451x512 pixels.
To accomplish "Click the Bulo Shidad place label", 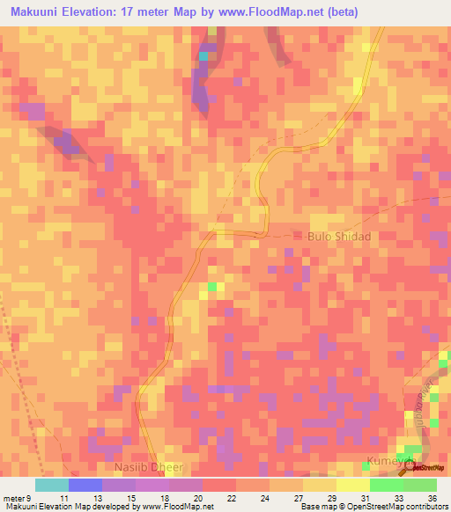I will click(x=339, y=237).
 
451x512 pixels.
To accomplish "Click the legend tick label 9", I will click(x=34, y=497).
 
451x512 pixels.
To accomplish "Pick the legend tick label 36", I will click(x=432, y=497).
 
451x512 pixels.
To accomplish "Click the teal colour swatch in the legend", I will click(x=51, y=485).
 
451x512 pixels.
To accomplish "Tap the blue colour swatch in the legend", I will click(x=85, y=485).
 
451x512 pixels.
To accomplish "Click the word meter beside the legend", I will click(x=15, y=497).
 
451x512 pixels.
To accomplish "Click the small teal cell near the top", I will click(x=204, y=56).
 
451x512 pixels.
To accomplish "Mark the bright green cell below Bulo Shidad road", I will click(x=211, y=287).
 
